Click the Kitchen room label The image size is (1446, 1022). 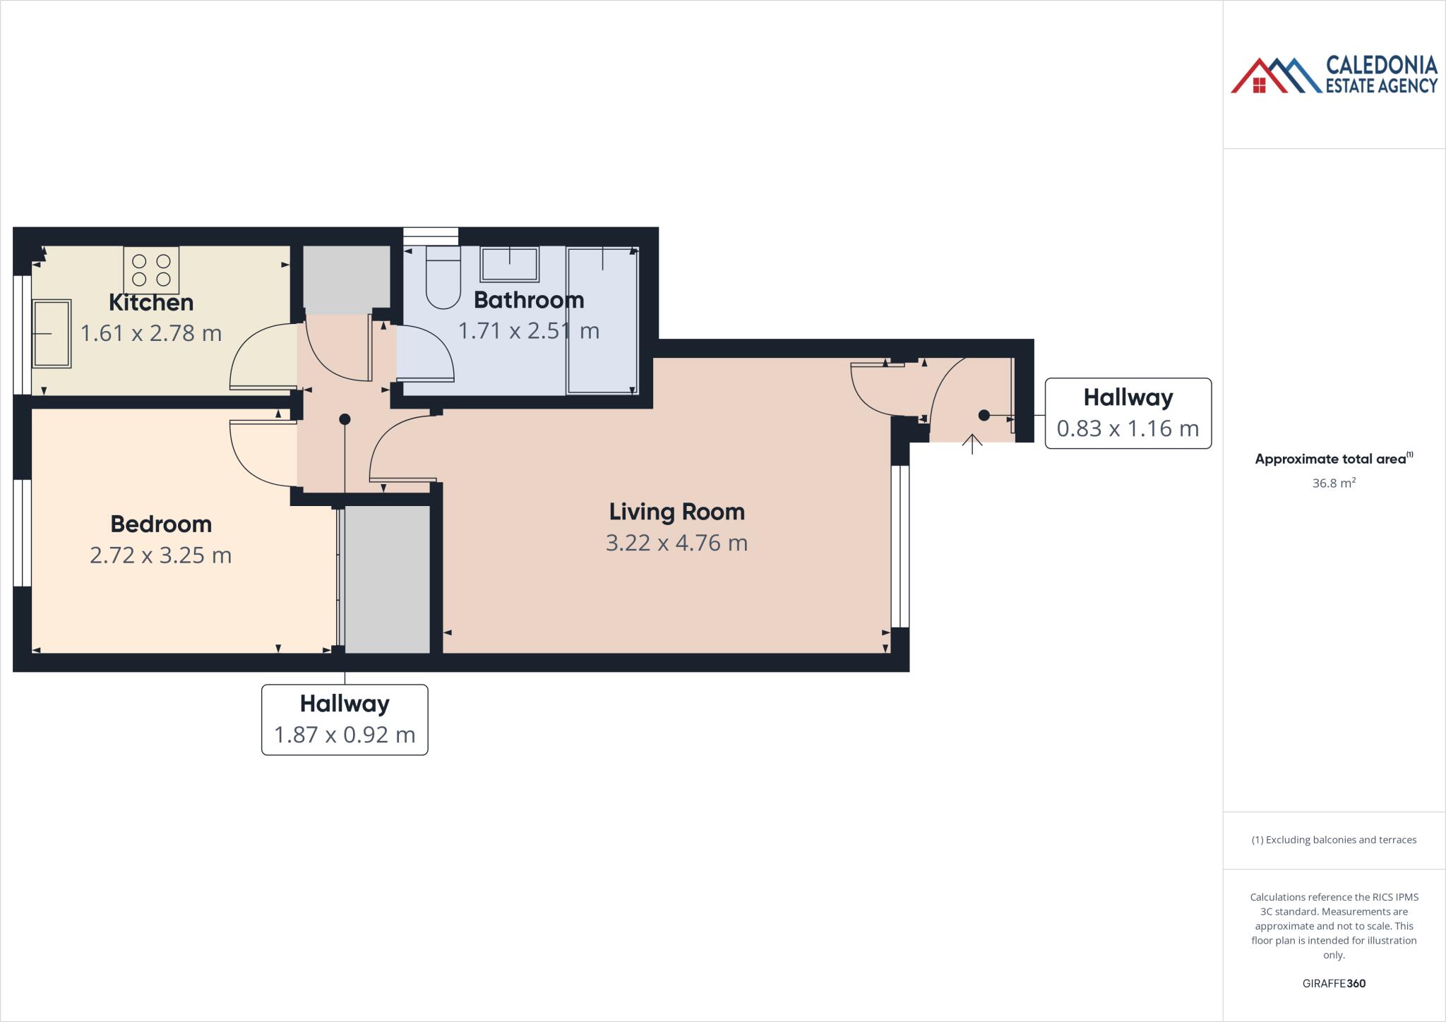coord(151,302)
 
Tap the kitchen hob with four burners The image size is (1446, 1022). coord(151,270)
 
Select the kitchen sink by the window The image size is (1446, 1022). coord(52,333)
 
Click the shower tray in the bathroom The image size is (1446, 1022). coord(602,320)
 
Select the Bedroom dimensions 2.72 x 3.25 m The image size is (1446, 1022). coord(161,555)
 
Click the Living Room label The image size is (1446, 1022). coord(676,512)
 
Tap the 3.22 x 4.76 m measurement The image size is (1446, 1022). coord(676,543)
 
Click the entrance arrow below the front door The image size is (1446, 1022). coord(972,444)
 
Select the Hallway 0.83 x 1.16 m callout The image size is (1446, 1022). coord(1128,414)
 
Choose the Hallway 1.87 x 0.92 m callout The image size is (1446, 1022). coord(345,720)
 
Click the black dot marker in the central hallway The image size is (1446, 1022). coord(345,419)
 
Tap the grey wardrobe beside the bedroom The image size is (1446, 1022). coord(387,579)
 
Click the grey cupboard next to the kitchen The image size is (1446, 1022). coord(347,279)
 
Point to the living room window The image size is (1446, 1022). coord(900,546)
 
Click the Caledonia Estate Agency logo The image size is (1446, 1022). coord(1334,76)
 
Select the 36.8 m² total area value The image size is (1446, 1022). coord(1333,483)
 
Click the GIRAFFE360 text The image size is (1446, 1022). coord(1334,983)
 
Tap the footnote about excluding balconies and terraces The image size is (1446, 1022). coord(1334,840)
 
